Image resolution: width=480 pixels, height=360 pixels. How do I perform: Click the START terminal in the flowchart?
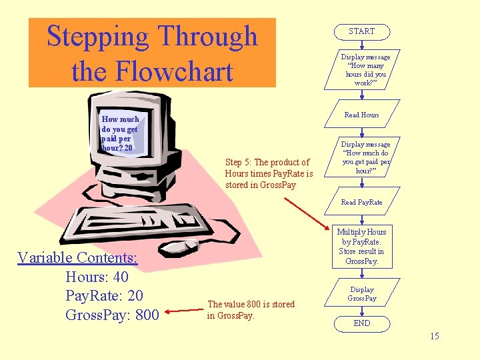coord(361,31)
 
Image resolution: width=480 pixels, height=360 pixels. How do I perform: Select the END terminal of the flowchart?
coord(361,323)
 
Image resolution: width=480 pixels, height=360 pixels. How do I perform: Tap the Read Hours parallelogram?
coord(361,115)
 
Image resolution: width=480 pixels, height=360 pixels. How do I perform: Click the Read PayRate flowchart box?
coord(361,202)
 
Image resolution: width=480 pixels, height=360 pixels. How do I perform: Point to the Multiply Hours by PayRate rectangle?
coord(362,247)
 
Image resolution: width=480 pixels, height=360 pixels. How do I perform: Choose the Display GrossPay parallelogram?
coord(362,294)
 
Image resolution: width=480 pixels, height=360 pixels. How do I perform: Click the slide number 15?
coord(434,336)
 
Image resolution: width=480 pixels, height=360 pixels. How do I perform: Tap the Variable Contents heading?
coord(77,257)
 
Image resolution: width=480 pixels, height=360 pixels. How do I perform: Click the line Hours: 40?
coord(97,277)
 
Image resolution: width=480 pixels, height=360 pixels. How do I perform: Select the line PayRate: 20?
coord(104,295)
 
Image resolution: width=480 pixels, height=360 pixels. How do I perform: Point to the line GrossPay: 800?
coord(112,315)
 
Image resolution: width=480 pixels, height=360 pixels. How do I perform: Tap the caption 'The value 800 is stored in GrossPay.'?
coord(251,309)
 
